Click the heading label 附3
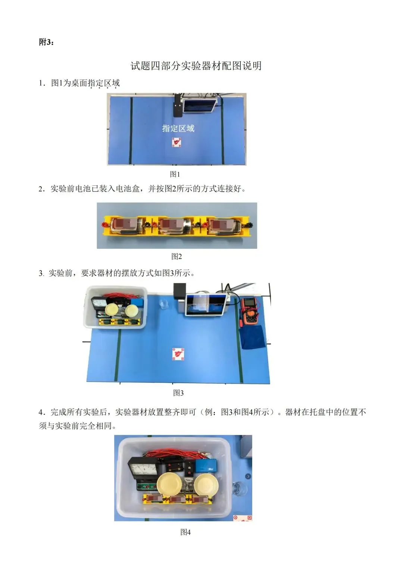pyautogui.click(x=46, y=42)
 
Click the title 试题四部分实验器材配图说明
pyautogui.click(x=196, y=66)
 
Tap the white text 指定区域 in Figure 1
pyautogui.click(x=178, y=128)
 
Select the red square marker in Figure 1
pyautogui.click(x=176, y=142)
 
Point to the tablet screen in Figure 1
pyautogui.click(x=200, y=105)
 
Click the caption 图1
pyautogui.click(x=175, y=174)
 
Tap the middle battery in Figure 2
pyautogui.click(x=175, y=226)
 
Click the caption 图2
pyautogui.click(x=176, y=257)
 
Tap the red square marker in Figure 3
pyautogui.click(x=178, y=354)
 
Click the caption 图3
pyautogui.click(x=178, y=393)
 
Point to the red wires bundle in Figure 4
pyautogui.click(x=175, y=455)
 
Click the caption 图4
pyautogui.click(x=185, y=532)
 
